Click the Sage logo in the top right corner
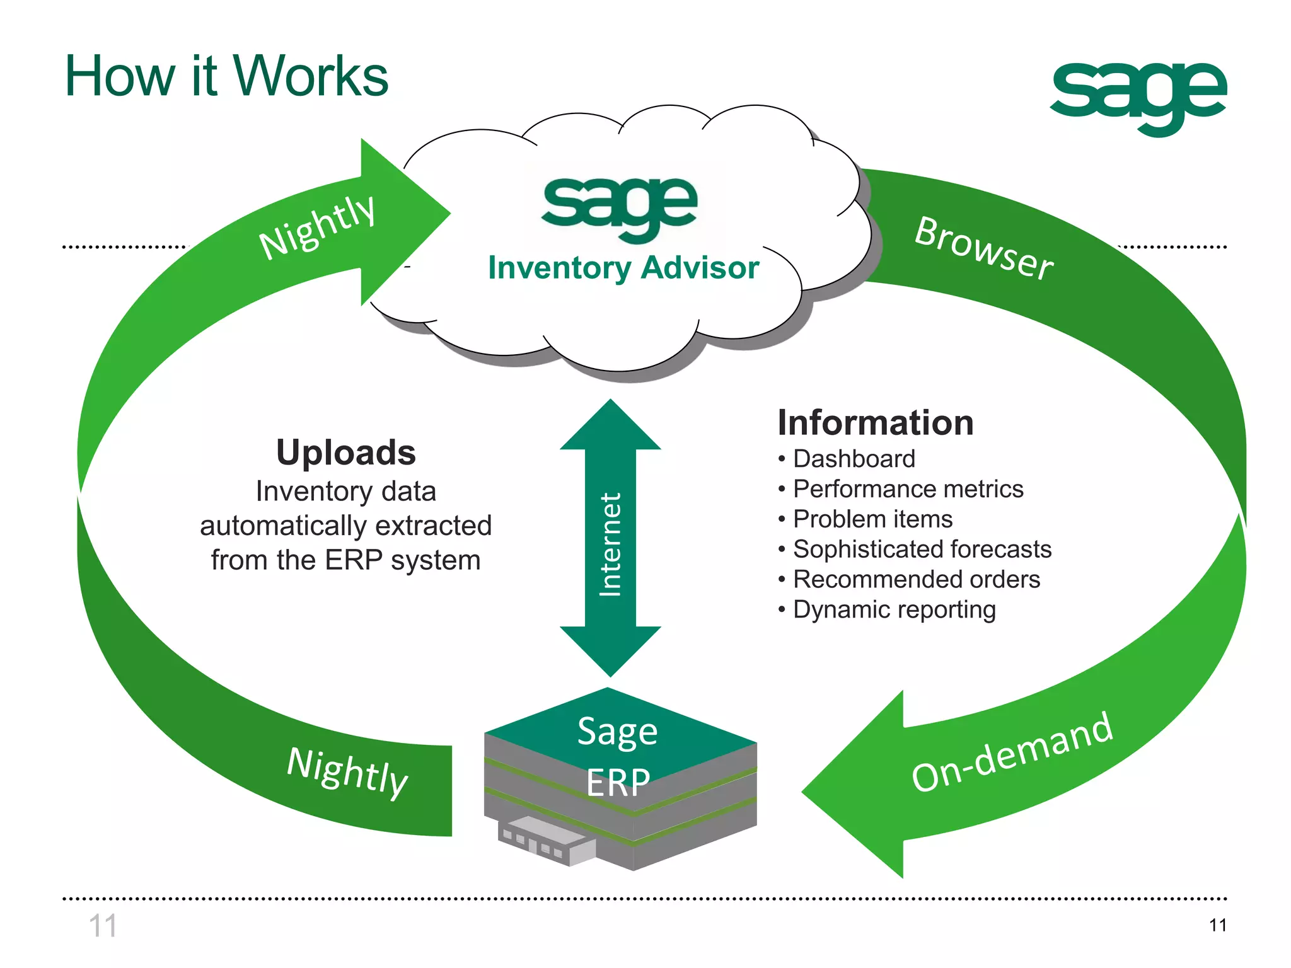click(1138, 95)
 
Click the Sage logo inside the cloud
click(620, 205)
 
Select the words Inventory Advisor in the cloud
click(623, 268)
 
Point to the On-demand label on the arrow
click(1012, 752)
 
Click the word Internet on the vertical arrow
click(610, 544)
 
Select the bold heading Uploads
click(346, 452)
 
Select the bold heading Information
click(876, 422)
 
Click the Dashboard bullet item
click(854, 459)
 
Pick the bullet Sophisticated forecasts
click(922, 549)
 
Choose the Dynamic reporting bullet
click(894, 609)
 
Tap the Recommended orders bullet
click(916, 579)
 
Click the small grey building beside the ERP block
click(546, 841)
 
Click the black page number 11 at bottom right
click(1218, 925)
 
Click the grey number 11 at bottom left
click(103, 926)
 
